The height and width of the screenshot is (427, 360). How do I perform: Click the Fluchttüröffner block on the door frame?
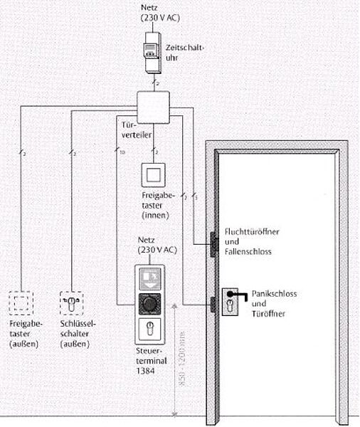[x=211, y=242]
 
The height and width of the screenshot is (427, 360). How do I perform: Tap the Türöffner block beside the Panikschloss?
[x=211, y=304]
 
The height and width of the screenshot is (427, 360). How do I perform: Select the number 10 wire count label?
[x=122, y=152]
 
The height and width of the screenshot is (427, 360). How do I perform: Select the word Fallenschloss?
[x=247, y=252]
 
